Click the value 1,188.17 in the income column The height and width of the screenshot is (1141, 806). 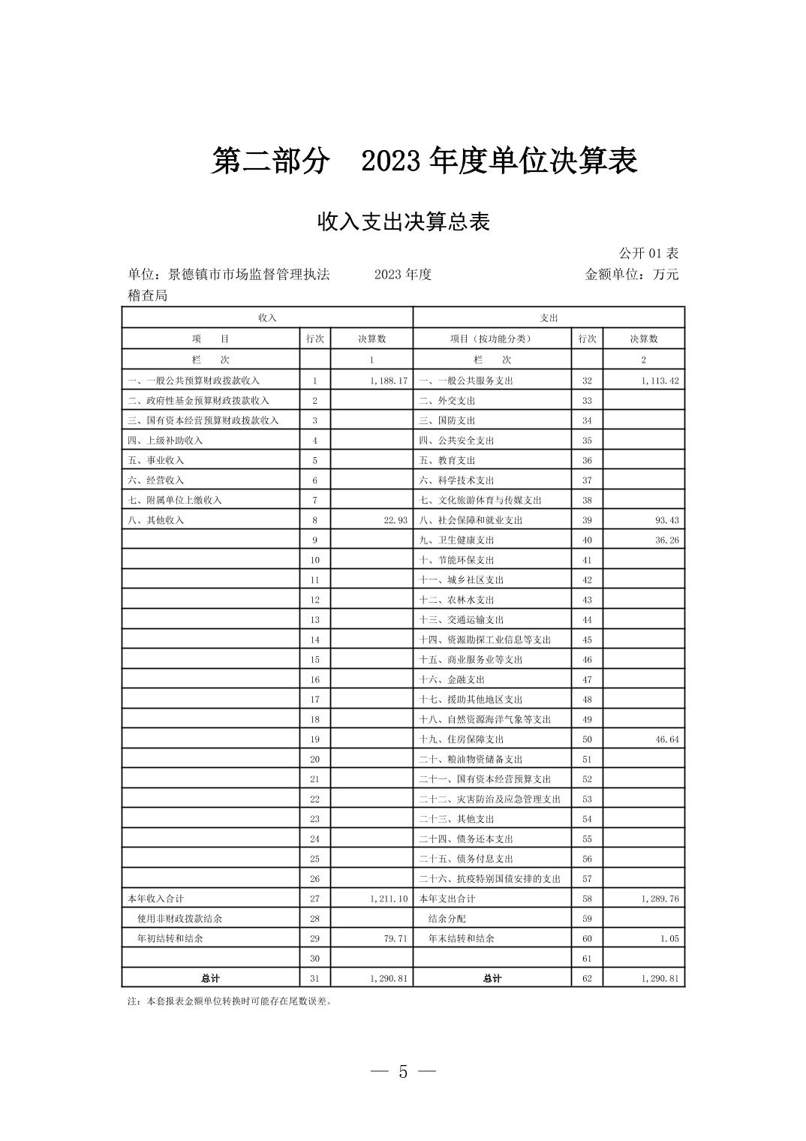pyautogui.click(x=388, y=381)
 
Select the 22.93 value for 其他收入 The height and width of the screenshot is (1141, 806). pyautogui.click(x=395, y=520)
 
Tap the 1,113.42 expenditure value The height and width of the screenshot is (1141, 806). pyautogui.click(x=660, y=381)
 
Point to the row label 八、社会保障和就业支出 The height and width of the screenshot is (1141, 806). pyautogui.click(x=471, y=520)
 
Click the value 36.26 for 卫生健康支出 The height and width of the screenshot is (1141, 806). pyautogui.click(x=666, y=540)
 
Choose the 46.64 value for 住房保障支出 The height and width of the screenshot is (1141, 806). pyautogui.click(x=666, y=739)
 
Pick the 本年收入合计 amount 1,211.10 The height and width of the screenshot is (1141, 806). pyautogui.click(x=388, y=899)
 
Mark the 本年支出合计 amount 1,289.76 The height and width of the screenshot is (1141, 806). pyautogui.click(x=660, y=899)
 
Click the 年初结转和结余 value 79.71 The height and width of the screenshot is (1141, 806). pyautogui.click(x=395, y=938)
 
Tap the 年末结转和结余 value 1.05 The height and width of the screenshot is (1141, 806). pyautogui.click(x=669, y=938)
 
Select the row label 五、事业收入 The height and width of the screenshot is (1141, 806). pyautogui.click(x=155, y=460)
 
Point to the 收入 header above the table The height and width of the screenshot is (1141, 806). pyautogui.click(x=267, y=318)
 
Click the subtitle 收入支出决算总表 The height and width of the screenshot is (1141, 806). pyautogui.click(x=403, y=222)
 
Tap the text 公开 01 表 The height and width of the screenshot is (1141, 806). pyautogui.click(x=648, y=253)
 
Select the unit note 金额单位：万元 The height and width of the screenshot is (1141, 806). pyautogui.click(x=631, y=274)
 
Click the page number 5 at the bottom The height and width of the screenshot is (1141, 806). pyautogui.click(x=403, y=1071)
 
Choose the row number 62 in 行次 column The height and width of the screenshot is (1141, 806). pyautogui.click(x=587, y=978)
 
